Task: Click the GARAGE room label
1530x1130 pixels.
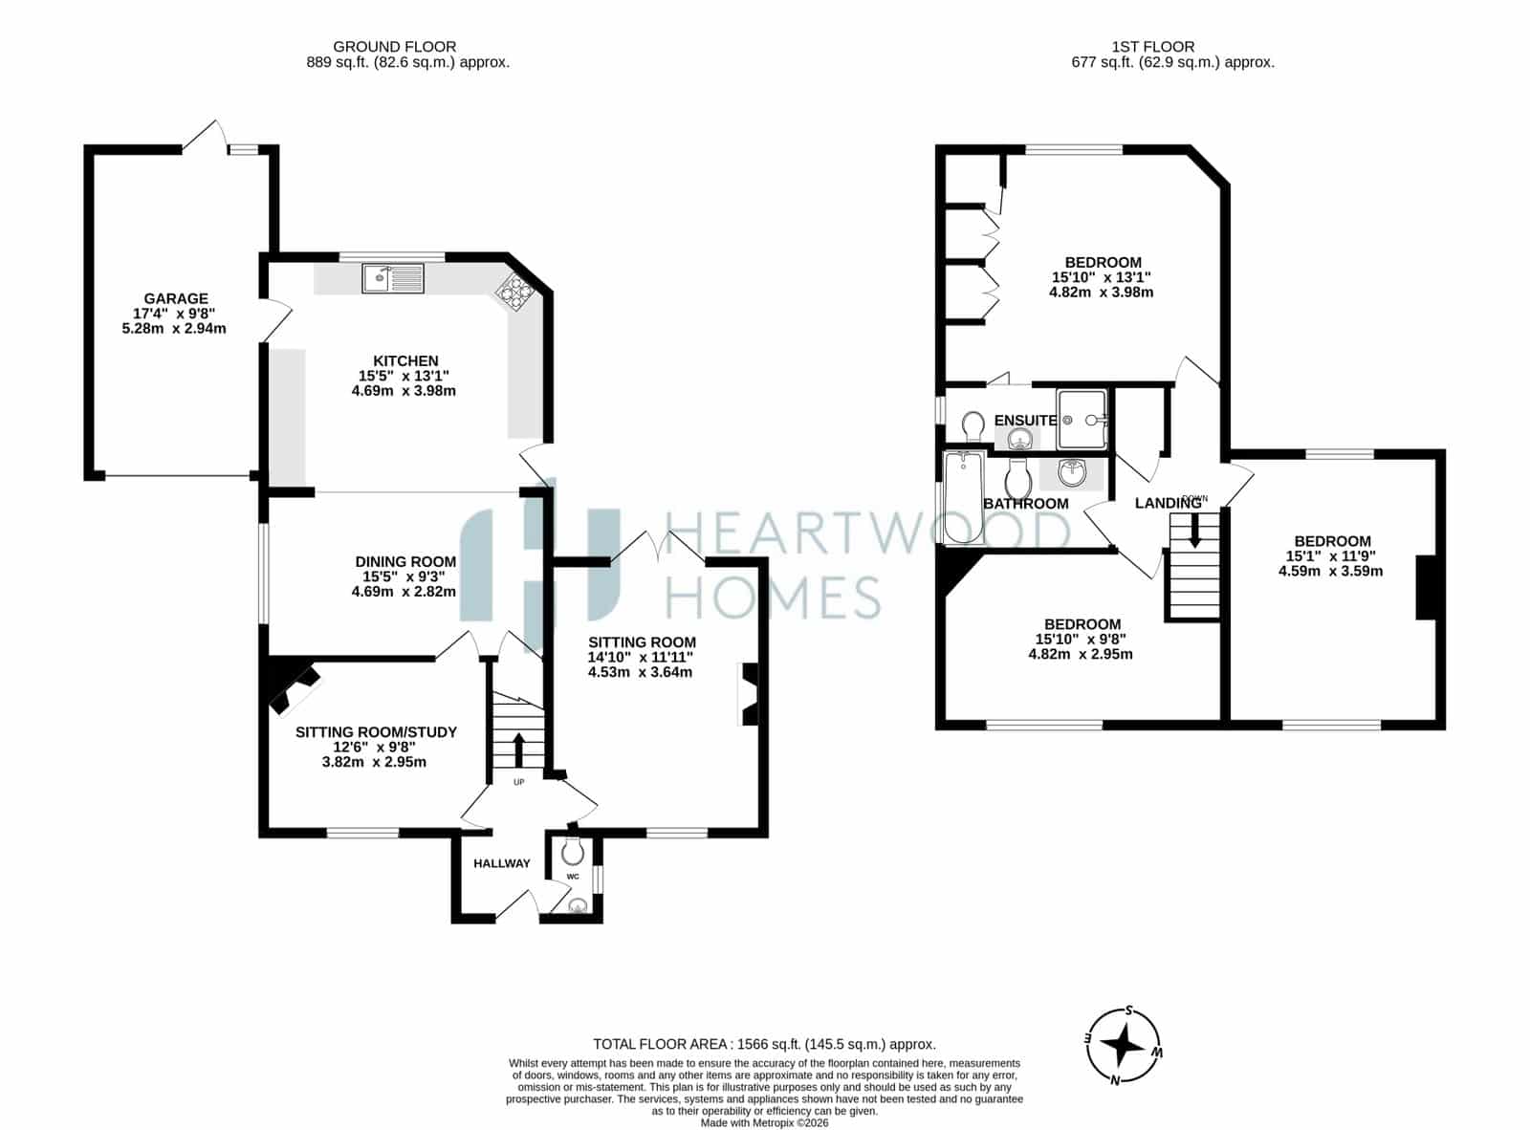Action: [176, 298]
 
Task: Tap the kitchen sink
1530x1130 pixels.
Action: [392, 278]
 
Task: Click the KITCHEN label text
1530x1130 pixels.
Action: [405, 360]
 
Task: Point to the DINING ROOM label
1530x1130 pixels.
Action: [405, 561]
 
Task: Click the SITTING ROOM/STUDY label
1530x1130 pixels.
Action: [376, 732]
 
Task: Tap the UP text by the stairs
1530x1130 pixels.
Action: [518, 782]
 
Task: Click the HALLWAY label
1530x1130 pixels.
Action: [501, 863]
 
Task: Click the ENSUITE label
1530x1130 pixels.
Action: [1025, 420]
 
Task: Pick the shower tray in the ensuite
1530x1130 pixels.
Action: [1082, 419]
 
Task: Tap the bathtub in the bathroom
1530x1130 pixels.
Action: [963, 497]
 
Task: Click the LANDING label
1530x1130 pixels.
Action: [1168, 504]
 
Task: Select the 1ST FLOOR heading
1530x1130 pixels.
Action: [1152, 47]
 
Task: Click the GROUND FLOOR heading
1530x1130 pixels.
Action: [395, 47]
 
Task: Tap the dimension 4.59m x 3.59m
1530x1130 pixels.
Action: [1331, 571]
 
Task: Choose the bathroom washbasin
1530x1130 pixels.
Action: [1071, 472]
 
